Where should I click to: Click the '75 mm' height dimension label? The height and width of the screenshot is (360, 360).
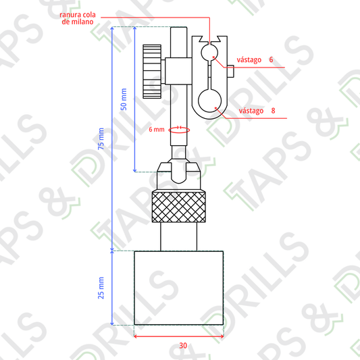click(101, 138)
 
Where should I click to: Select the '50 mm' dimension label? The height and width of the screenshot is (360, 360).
click(124, 99)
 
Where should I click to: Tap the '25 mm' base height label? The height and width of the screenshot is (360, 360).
click(101, 288)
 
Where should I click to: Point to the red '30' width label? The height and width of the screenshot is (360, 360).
click(183, 346)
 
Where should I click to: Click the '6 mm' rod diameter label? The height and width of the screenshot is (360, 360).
click(157, 130)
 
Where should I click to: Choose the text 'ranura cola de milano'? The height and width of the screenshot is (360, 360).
click(78, 18)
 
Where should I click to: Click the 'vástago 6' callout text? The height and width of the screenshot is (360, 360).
click(255, 59)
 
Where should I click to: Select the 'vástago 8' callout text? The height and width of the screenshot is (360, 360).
click(257, 111)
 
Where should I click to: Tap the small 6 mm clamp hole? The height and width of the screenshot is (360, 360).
click(209, 53)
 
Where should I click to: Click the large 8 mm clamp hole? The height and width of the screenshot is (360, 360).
click(209, 101)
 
